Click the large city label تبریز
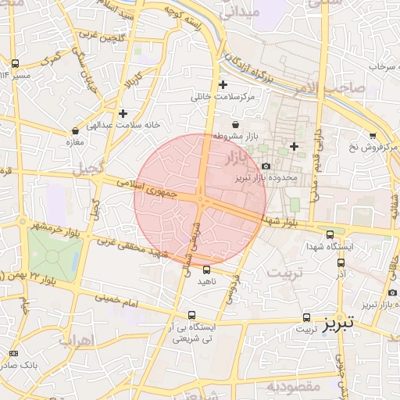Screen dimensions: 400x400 338,321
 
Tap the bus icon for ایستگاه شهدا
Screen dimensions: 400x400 330,234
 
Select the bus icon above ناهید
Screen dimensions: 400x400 206,270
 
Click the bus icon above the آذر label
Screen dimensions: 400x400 340,263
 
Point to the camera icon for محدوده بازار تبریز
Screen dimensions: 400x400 266,166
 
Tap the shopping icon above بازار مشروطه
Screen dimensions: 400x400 236,125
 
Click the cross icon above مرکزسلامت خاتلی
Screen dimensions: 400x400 223,85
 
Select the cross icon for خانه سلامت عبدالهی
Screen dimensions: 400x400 123,113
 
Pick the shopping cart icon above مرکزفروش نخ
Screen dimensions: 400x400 373,134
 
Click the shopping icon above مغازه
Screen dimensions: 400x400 75,130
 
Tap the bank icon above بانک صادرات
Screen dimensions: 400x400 13,352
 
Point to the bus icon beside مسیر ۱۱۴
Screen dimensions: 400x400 15,63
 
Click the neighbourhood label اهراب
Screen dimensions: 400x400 76,340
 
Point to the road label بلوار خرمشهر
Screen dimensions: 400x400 57,226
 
